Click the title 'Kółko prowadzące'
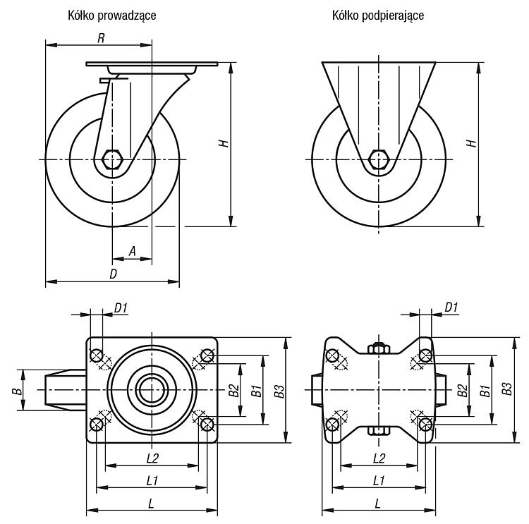pyautogui.click(x=112, y=16)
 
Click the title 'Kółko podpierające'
pyautogui.click(x=378, y=16)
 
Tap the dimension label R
pyautogui.click(x=101, y=38)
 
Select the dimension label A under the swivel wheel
pyautogui.click(x=133, y=251)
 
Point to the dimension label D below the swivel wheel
pyautogui.click(x=114, y=274)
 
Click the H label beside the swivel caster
pyautogui.click(x=224, y=143)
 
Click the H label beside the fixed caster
pyautogui.click(x=472, y=143)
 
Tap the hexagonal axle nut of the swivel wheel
pyautogui.click(x=112, y=159)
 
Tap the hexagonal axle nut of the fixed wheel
pyautogui.click(x=379, y=159)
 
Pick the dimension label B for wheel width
pyautogui.click(x=17, y=391)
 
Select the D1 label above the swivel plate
pyautogui.click(x=121, y=307)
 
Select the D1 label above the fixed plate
pyautogui.click(x=451, y=307)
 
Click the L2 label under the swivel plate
pyautogui.click(x=152, y=458)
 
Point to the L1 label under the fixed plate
pyautogui.click(x=379, y=480)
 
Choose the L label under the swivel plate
pyautogui.click(x=151, y=504)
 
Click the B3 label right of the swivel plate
pyautogui.click(x=280, y=391)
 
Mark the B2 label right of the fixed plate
pyautogui.click(x=463, y=391)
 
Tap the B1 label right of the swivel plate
pyautogui.click(x=257, y=391)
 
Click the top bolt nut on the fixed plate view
pyautogui.click(x=379, y=348)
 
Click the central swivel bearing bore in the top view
pyautogui.click(x=152, y=390)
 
